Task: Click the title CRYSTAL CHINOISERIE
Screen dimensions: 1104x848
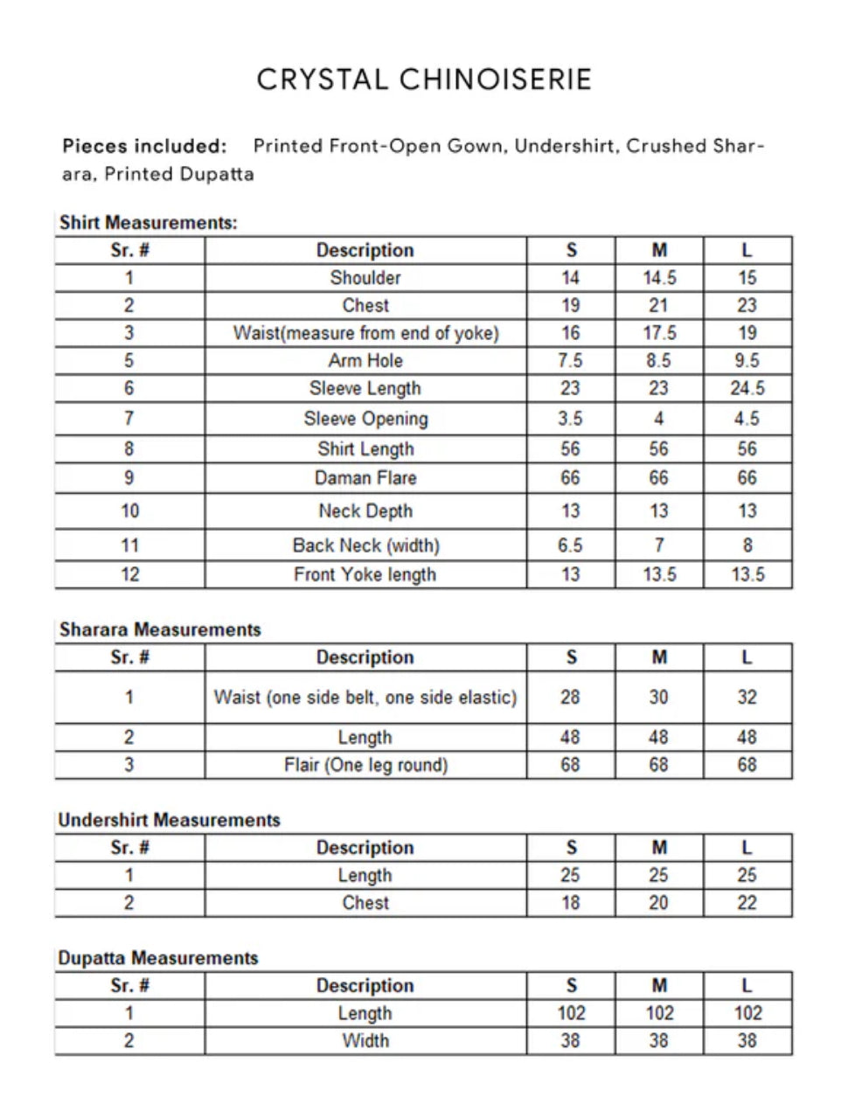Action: pos(424,80)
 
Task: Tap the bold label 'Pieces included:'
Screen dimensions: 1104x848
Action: pos(144,146)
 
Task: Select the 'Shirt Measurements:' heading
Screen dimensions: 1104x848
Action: pos(148,222)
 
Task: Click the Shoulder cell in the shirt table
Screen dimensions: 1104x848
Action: pos(365,278)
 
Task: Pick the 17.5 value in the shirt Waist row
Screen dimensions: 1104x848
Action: pos(658,333)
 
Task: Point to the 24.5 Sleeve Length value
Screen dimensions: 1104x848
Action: pos(747,388)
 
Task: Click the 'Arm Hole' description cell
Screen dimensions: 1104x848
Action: pos(365,360)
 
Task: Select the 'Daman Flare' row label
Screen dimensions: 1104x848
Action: pos(365,478)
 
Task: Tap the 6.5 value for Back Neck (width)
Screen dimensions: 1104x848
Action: pos(570,545)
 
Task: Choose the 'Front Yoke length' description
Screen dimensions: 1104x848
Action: pos(365,574)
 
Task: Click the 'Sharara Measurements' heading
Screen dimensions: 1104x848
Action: pos(160,629)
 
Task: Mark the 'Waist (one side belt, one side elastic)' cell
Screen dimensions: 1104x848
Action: pos(365,698)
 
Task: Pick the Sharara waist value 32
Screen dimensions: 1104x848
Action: pos(747,698)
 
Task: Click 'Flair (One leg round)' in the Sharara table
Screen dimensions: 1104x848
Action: pos(365,765)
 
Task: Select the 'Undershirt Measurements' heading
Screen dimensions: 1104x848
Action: pos(169,820)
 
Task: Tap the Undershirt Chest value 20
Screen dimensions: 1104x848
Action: pos(658,903)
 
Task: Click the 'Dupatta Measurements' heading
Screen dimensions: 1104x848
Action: pos(158,958)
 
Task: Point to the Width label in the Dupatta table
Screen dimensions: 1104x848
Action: pos(365,1041)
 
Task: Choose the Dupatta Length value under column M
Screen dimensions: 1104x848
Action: pos(658,1013)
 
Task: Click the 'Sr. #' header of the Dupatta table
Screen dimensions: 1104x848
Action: pos(129,986)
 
